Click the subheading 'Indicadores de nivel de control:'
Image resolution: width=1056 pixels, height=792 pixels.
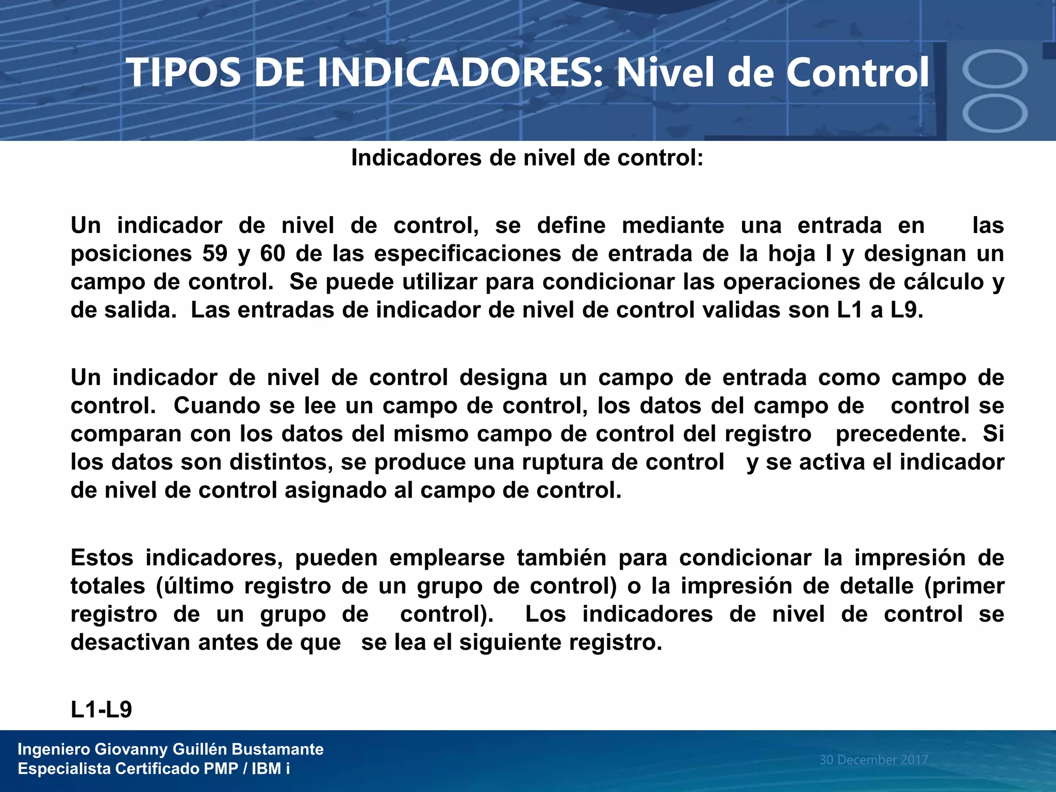[527, 158]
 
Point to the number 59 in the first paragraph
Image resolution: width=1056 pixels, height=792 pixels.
[214, 254]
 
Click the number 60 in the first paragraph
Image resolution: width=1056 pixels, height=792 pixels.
[272, 254]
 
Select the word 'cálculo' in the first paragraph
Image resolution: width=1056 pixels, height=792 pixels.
[952, 282]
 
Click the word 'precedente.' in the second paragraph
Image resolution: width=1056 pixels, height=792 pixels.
[901, 434]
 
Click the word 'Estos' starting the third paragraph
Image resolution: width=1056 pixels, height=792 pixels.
[102, 558]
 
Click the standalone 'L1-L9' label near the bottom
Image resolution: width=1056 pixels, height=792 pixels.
[101, 710]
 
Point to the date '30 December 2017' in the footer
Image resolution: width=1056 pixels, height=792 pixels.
[873, 760]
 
